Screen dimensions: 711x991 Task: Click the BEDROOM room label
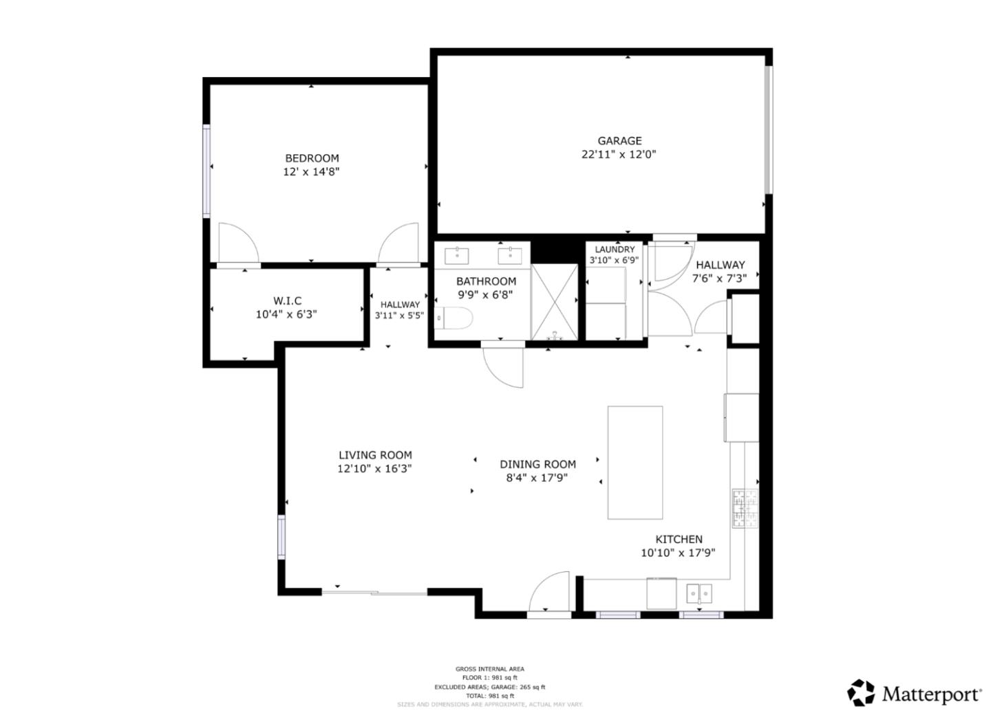(x=312, y=158)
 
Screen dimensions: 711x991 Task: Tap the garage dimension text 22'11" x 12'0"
(x=619, y=155)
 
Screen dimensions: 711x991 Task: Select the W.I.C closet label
(x=287, y=301)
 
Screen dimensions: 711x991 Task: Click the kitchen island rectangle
(x=635, y=462)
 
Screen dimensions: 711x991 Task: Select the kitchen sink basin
(x=699, y=593)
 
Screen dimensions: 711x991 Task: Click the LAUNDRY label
(x=615, y=250)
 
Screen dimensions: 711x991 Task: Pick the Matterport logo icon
(x=860, y=692)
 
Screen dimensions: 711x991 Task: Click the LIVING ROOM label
(x=375, y=455)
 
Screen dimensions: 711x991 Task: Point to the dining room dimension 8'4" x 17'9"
(x=537, y=478)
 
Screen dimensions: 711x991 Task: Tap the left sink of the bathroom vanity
(x=457, y=254)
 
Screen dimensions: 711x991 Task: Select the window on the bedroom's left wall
(x=206, y=171)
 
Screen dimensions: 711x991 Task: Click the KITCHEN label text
(x=679, y=540)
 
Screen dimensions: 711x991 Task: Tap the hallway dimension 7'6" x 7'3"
(x=719, y=278)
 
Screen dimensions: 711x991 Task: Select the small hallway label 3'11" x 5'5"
(x=399, y=316)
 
